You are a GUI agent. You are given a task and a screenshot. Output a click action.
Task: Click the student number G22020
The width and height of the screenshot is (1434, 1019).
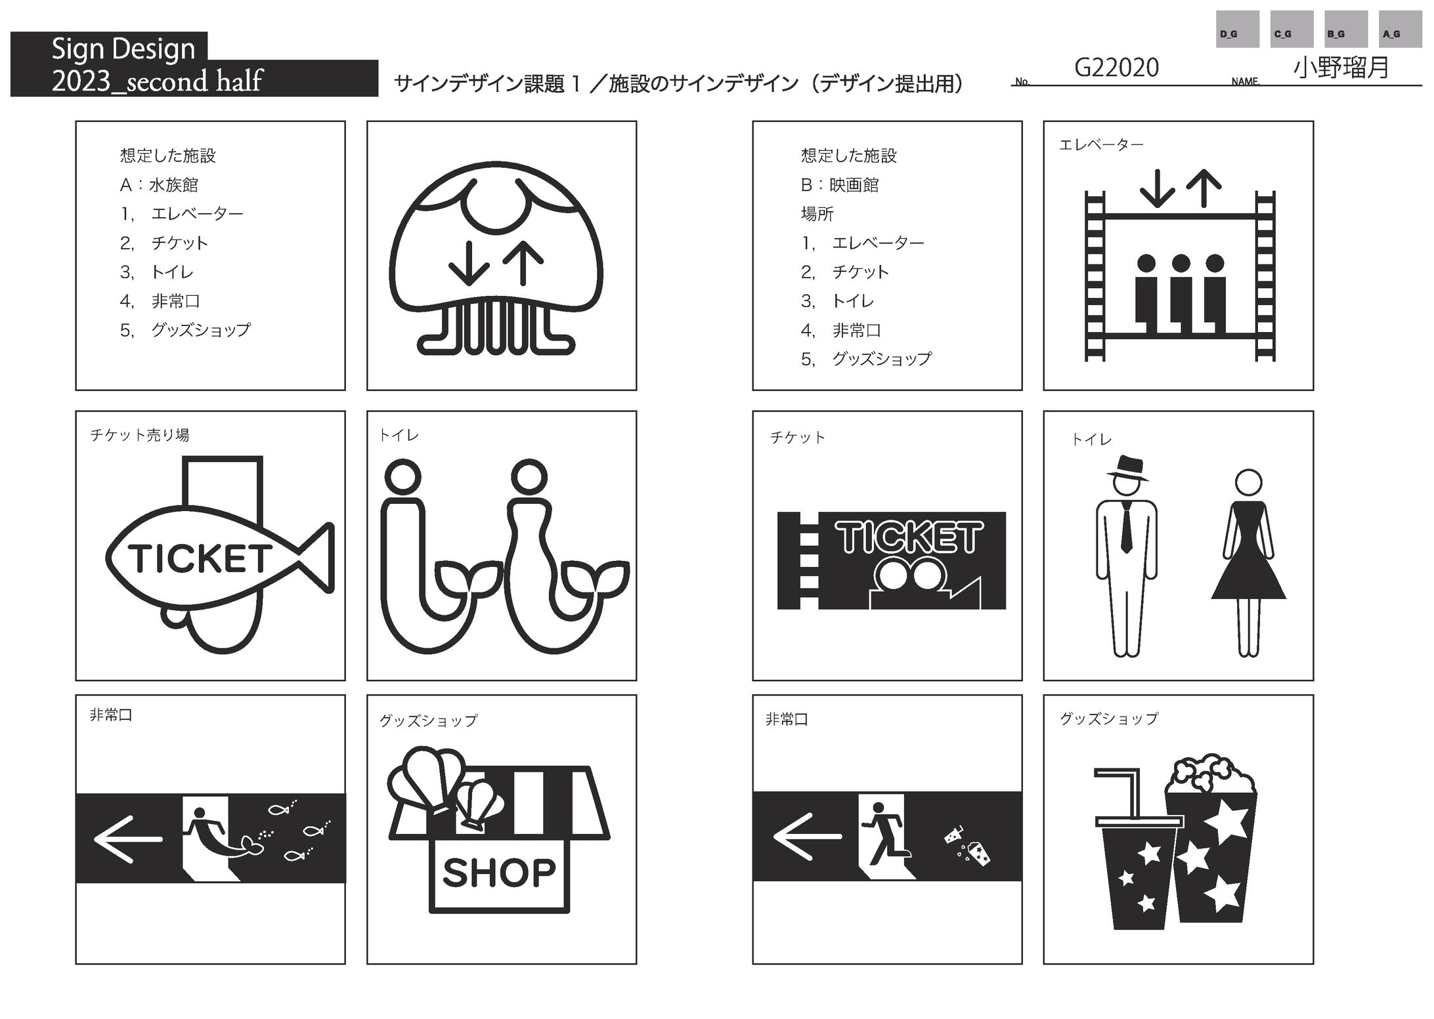[x=1116, y=68]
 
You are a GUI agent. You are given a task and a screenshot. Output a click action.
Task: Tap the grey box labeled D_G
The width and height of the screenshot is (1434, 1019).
[x=1237, y=29]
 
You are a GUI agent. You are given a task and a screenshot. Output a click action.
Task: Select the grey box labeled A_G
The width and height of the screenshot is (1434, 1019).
[x=1401, y=29]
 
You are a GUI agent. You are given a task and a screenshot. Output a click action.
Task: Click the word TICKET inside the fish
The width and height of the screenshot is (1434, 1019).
[x=200, y=558]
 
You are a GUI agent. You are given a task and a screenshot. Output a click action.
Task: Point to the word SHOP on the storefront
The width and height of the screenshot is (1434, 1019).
[x=499, y=873]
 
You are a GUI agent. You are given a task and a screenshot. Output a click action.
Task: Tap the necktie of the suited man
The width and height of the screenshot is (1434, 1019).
[x=1126, y=528]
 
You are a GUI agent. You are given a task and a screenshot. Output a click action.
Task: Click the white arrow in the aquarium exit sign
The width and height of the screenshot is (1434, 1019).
[x=128, y=839]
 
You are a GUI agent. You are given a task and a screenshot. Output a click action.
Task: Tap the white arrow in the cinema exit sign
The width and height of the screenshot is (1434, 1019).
[x=807, y=837]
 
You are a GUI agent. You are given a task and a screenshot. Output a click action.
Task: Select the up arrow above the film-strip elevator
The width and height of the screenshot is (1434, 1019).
[x=1204, y=188]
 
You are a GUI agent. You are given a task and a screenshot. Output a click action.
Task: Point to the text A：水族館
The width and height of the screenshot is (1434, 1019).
[x=159, y=185]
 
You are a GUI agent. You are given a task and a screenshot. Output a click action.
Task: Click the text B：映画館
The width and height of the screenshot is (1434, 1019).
[x=840, y=185]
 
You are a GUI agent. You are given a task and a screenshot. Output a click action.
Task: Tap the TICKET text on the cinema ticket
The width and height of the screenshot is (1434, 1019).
[x=909, y=537]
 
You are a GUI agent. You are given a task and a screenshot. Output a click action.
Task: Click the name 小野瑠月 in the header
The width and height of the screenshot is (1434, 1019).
[x=1341, y=68]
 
